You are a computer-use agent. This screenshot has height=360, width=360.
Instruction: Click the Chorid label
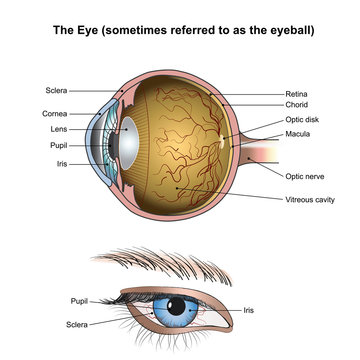[297, 104]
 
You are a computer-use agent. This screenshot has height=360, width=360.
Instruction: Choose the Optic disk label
[302, 119]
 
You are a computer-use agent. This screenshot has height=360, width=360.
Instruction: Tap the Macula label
[299, 133]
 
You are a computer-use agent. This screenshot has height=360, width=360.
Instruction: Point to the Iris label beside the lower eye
[248, 311]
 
